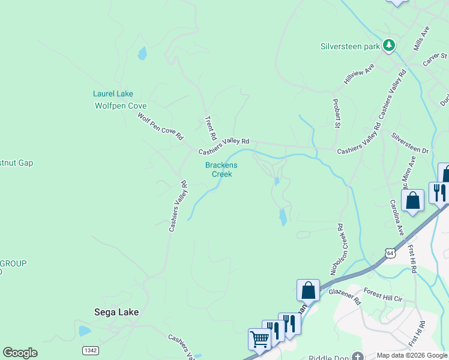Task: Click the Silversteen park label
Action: (x=351, y=46)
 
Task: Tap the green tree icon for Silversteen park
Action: (x=389, y=45)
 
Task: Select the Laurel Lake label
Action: (x=113, y=94)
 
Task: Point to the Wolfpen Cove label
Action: (x=121, y=106)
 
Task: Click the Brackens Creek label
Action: (x=221, y=170)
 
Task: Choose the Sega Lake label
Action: (x=116, y=312)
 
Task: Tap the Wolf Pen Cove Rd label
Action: (x=160, y=126)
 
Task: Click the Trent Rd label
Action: (x=211, y=127)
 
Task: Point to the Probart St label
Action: (x=336, y=113)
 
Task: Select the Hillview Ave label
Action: (x=359, y=73)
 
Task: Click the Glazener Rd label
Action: (x=343, y=295)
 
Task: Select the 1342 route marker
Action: (x=90, y=349)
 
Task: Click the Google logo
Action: (x=20, y=353)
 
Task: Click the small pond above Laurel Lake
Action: (x=142, y=54)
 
